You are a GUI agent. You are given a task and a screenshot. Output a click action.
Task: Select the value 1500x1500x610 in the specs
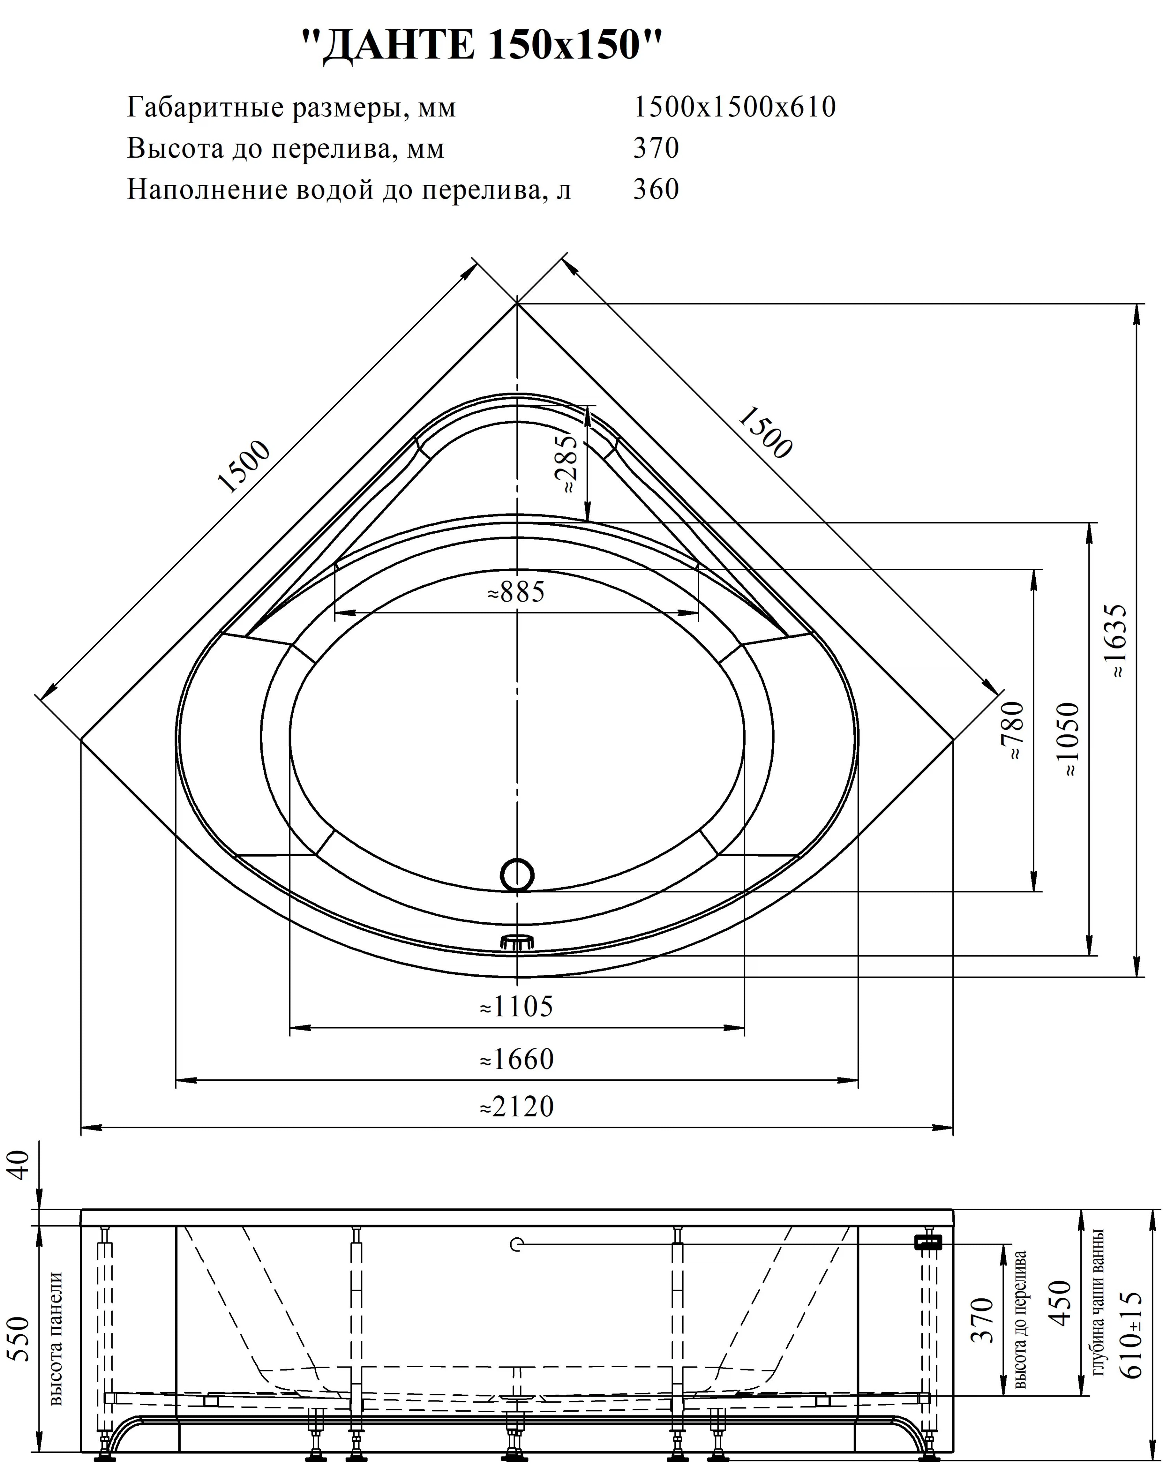[x=734, y=107]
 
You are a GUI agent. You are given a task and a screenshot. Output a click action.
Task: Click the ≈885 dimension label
[x=516, y=593]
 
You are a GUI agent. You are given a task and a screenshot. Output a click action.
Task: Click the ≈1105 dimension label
[x=516, y=1007]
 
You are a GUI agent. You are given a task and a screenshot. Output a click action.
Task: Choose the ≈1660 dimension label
[x=516, y=1059]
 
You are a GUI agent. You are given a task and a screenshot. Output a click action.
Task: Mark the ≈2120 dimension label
[x=516, y=1107]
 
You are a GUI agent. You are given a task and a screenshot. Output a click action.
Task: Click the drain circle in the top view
[x=517, y=875]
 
